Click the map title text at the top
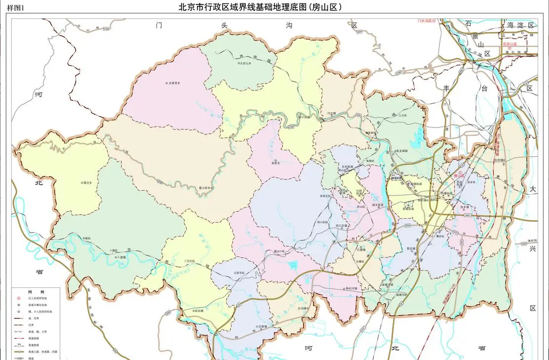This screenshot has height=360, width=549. click(260, 7)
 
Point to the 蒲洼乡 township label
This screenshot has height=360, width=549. click(87, 182)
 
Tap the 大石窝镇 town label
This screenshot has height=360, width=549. click(262, 326)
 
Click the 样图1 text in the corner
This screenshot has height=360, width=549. click(15, 7)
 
